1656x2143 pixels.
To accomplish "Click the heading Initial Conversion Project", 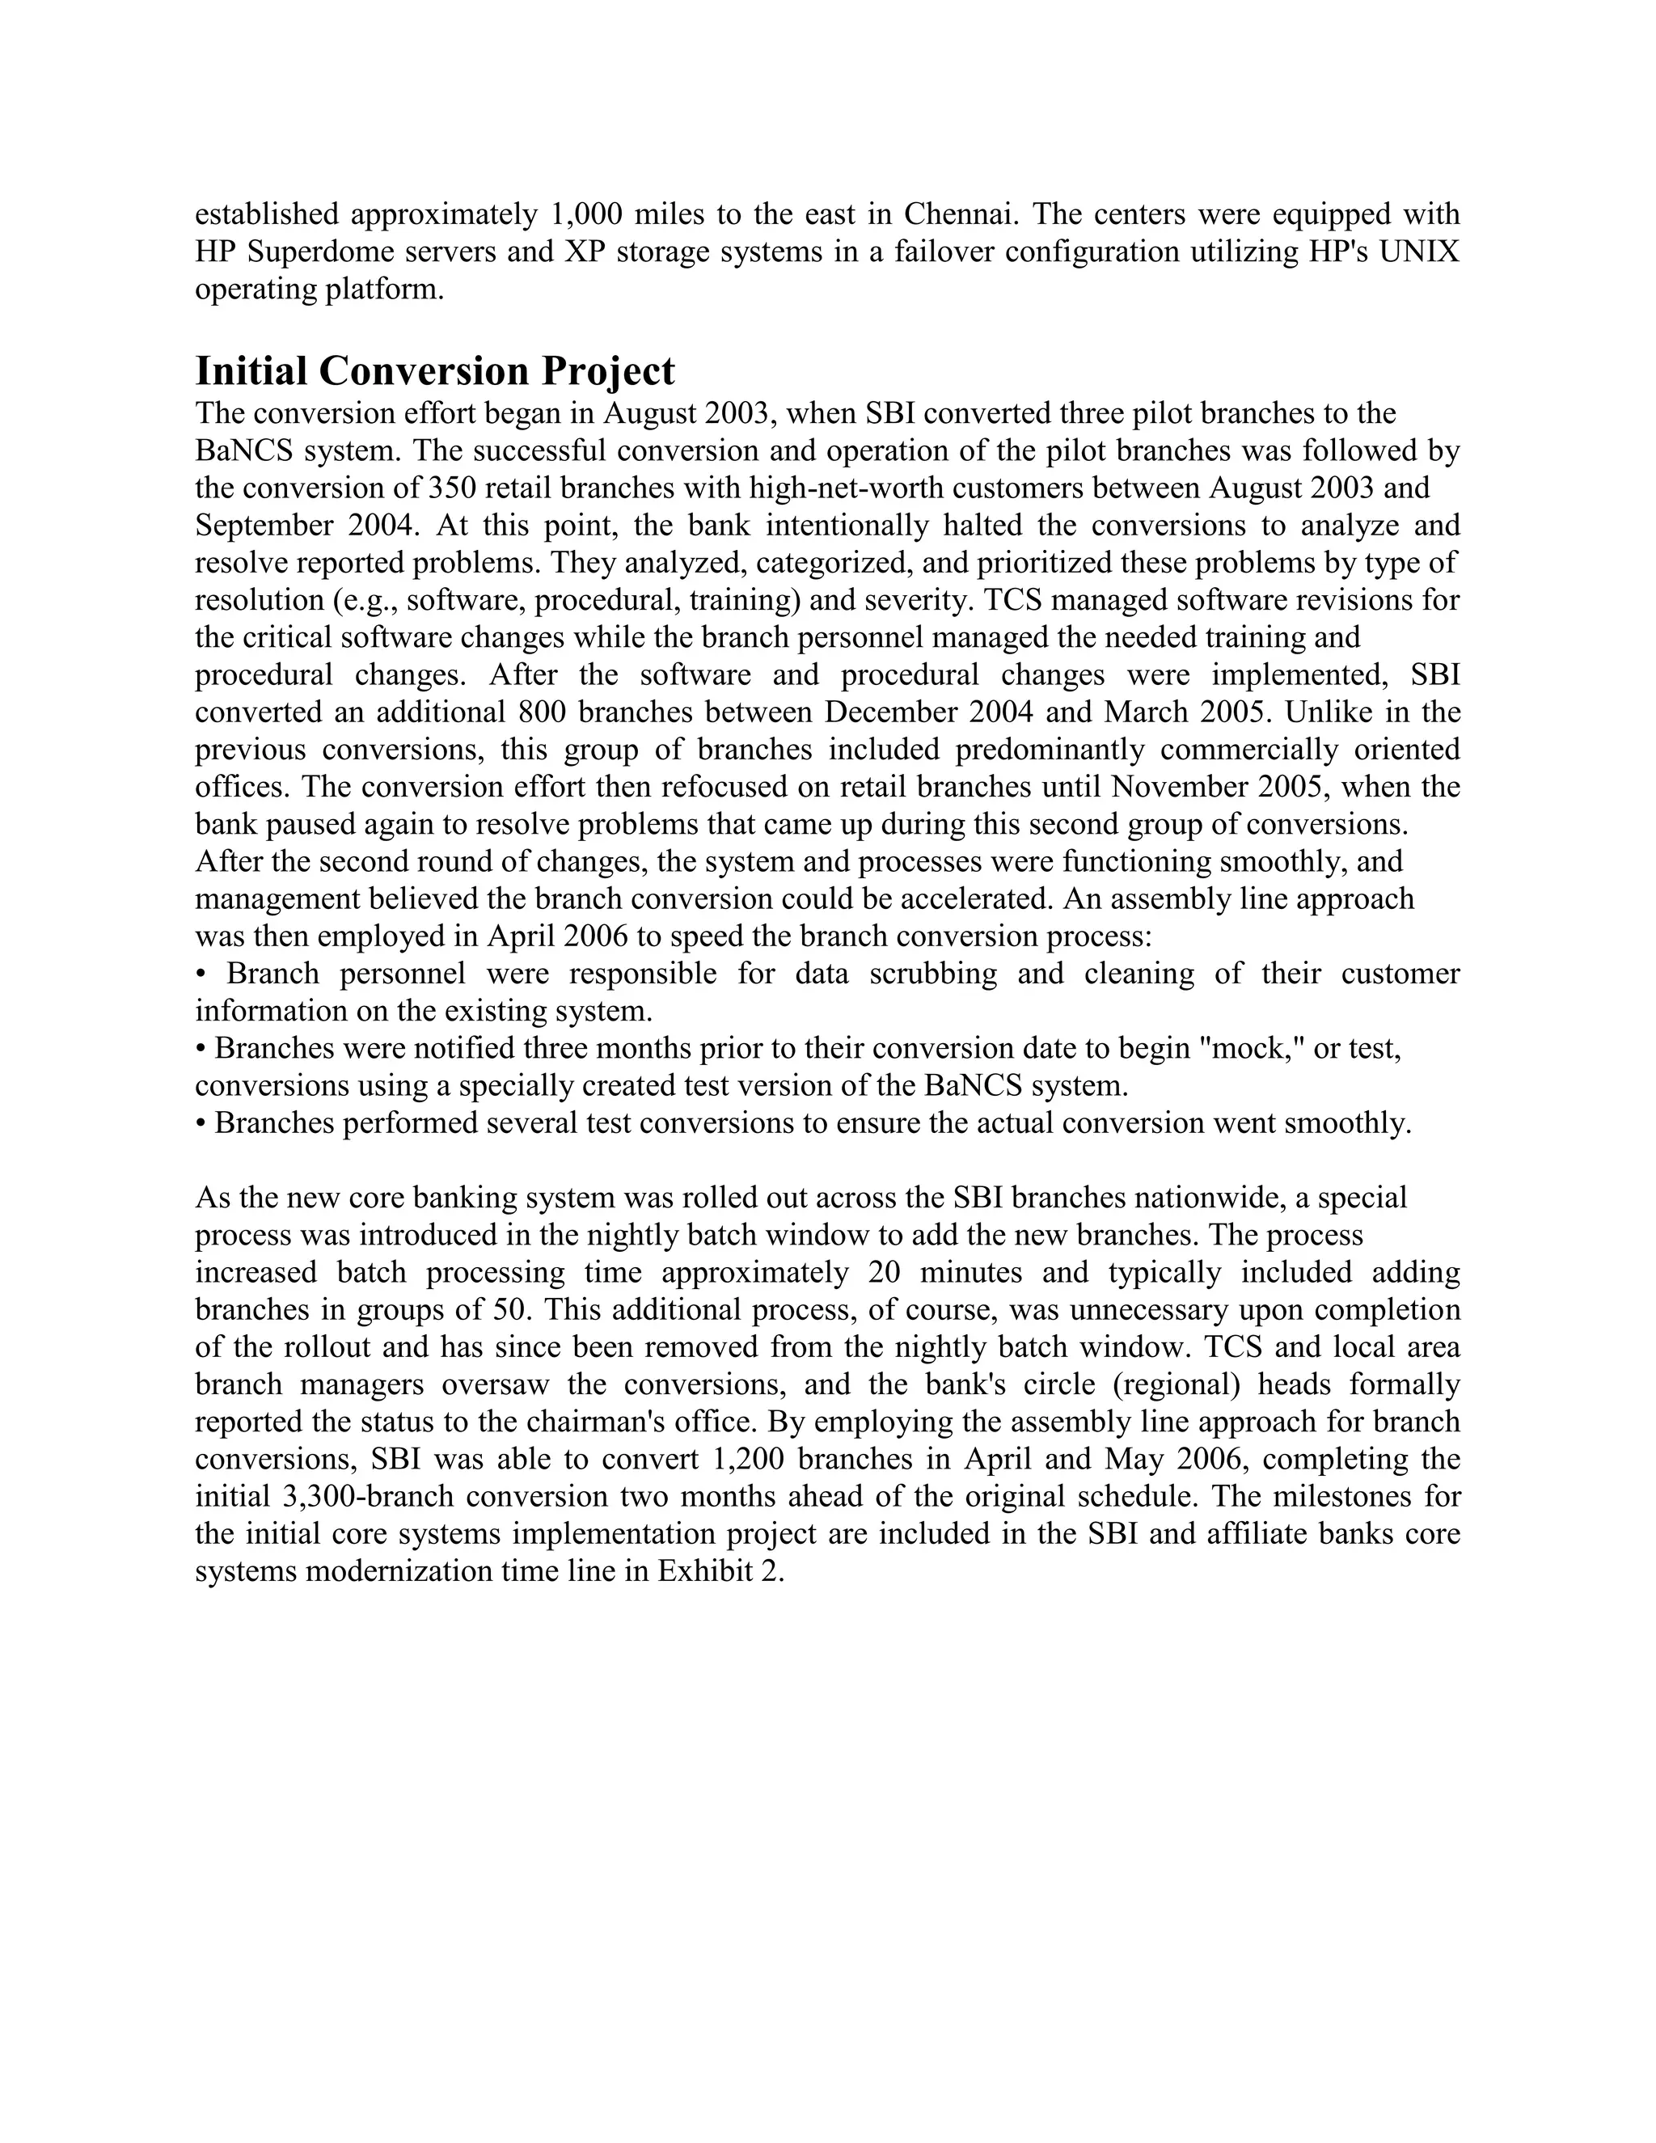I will coord(434,372).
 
